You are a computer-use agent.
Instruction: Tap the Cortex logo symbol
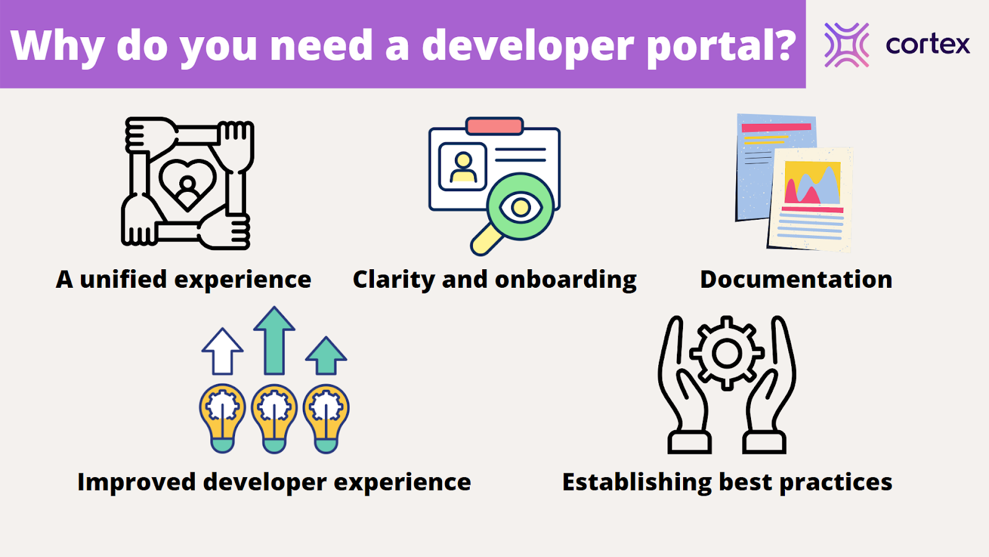point(846,45)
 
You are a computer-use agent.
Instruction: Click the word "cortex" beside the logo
point(928,44)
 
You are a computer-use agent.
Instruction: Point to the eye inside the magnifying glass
point(520,207)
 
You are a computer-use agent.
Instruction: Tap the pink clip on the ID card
point(494,126)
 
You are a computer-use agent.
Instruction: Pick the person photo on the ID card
point(462,166)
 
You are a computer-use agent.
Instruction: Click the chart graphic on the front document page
point(812,183)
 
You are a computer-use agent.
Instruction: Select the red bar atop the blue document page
point(776,127)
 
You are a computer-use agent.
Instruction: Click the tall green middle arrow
point(274,341)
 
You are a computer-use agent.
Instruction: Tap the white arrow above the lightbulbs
point(222,352)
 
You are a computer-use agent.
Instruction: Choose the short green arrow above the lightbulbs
point(326,355)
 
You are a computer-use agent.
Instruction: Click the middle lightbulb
point(274,418)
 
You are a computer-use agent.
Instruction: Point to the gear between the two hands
point(727,353)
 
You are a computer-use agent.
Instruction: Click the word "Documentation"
point(796,279)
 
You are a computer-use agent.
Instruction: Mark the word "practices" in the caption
point(836,482)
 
